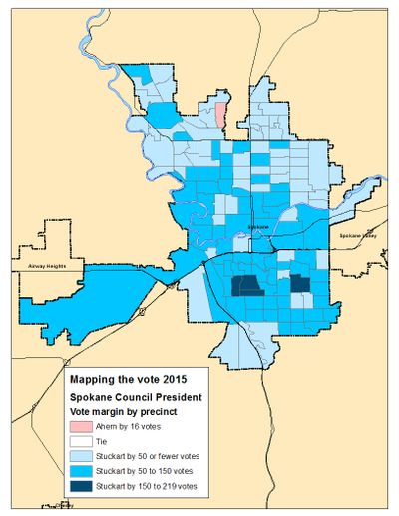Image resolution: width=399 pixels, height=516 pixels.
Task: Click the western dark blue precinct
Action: coord(245,287)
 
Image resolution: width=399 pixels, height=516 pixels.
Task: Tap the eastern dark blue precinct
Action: coord(299,284)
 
